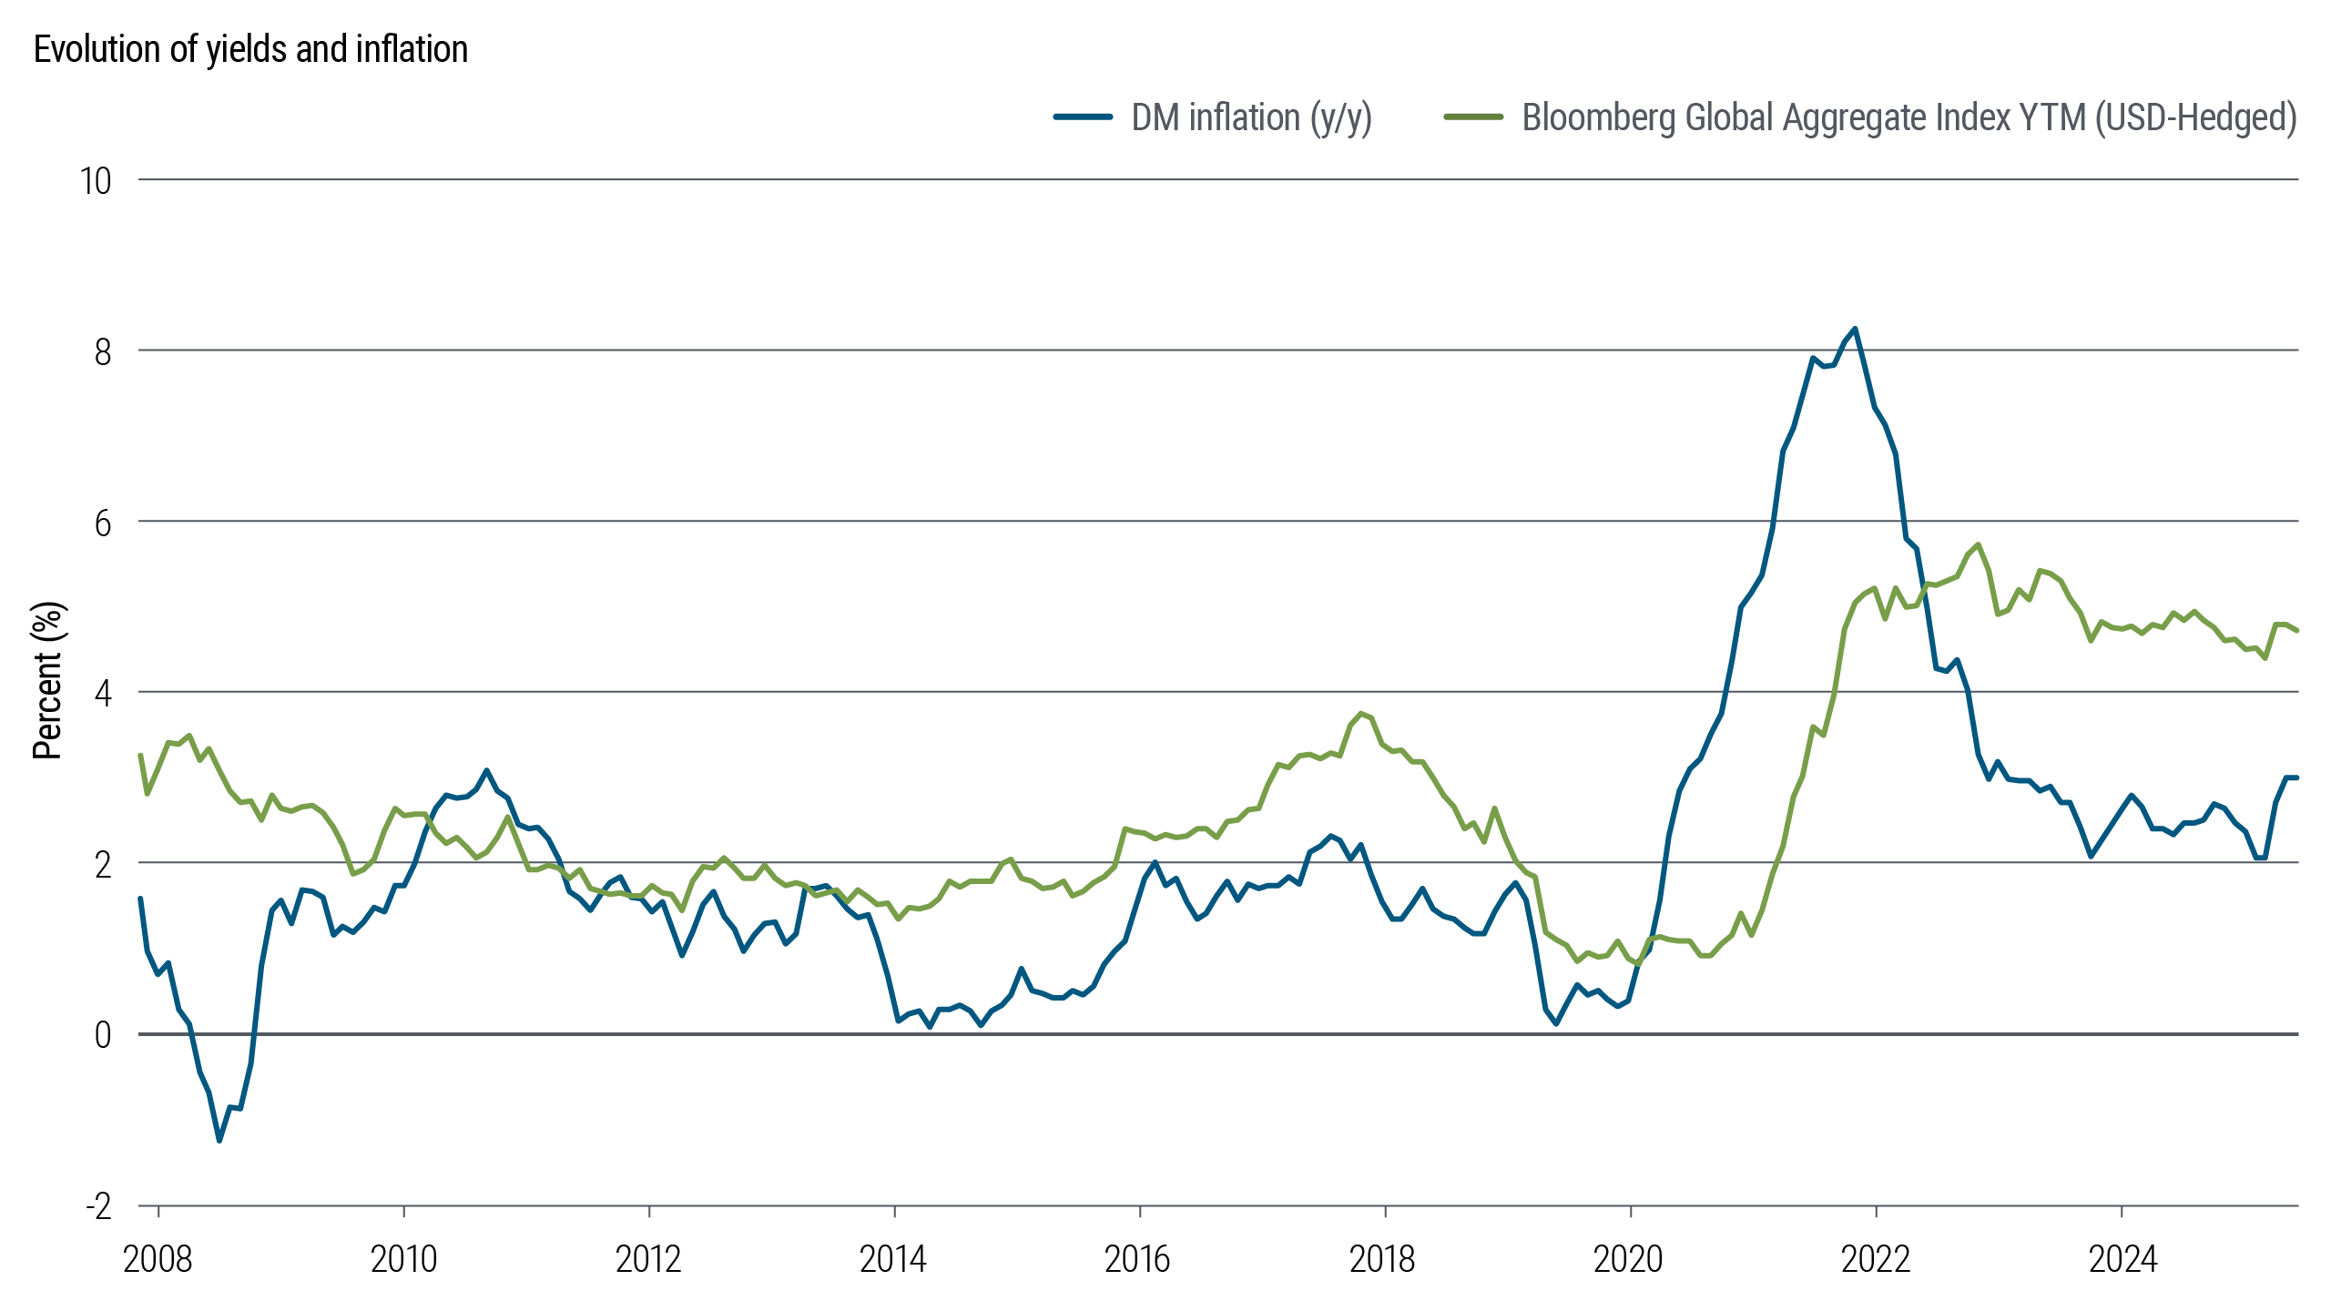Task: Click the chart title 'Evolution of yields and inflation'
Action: (x=250, y=49)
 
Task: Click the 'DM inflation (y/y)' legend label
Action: (x=1251, y=117)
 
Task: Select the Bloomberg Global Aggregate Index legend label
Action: (x=1909, y=117)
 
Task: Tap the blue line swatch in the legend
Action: (x=1083, y=117)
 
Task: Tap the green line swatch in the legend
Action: (x=1473, y=117)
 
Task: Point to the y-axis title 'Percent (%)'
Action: (x=47, y=680)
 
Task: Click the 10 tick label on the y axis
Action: (x=96, y=181)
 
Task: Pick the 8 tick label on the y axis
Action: (x=103, y=351)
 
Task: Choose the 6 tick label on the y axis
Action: (x=103, y=523)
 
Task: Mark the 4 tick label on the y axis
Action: (x=103, y=693)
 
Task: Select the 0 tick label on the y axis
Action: (x=103, y=1034)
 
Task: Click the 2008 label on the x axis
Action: (x=158, y=1259)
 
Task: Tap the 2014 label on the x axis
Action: (x=893, y=1259)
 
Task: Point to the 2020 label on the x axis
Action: (x=1628, y=1259)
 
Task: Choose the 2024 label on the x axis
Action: (x=2122, y=1259)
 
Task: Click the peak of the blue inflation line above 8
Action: (x=1855, y=330)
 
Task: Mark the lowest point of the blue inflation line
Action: (x=219, y=1140)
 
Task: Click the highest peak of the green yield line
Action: (x=1978, y=544)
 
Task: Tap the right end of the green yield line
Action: (x=2297, y=630)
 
